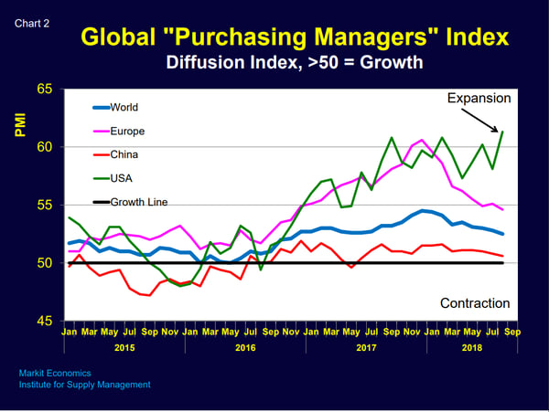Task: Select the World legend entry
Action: [x=124, y=108]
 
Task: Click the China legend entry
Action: [x=124, y=155]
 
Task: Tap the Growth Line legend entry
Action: [x=137, y=202]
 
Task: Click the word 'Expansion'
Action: [x=479, y=98]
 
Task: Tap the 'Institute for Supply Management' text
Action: [x=84, y=385]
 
